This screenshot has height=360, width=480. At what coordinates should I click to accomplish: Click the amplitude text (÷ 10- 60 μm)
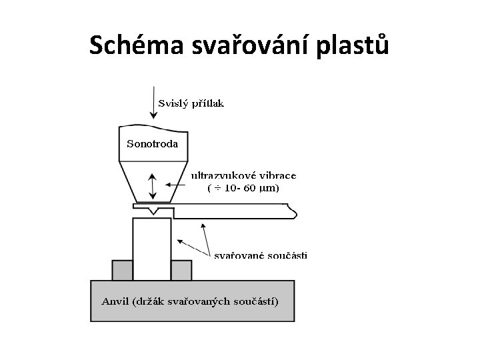(x=244, y=188)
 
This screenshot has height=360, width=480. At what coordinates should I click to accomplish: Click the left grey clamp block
(x=122, y=270)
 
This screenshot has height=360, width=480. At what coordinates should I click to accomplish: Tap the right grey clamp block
(x=181, y=270)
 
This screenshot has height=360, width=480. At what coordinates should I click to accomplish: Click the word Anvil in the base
(x=115, y=301)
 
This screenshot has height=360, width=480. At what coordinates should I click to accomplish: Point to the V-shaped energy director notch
(x=154, y=211)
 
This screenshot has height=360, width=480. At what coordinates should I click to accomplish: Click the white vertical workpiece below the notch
(x=152, y=247)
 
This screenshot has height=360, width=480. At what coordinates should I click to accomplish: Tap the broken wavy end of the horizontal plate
(x=293, y=212)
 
